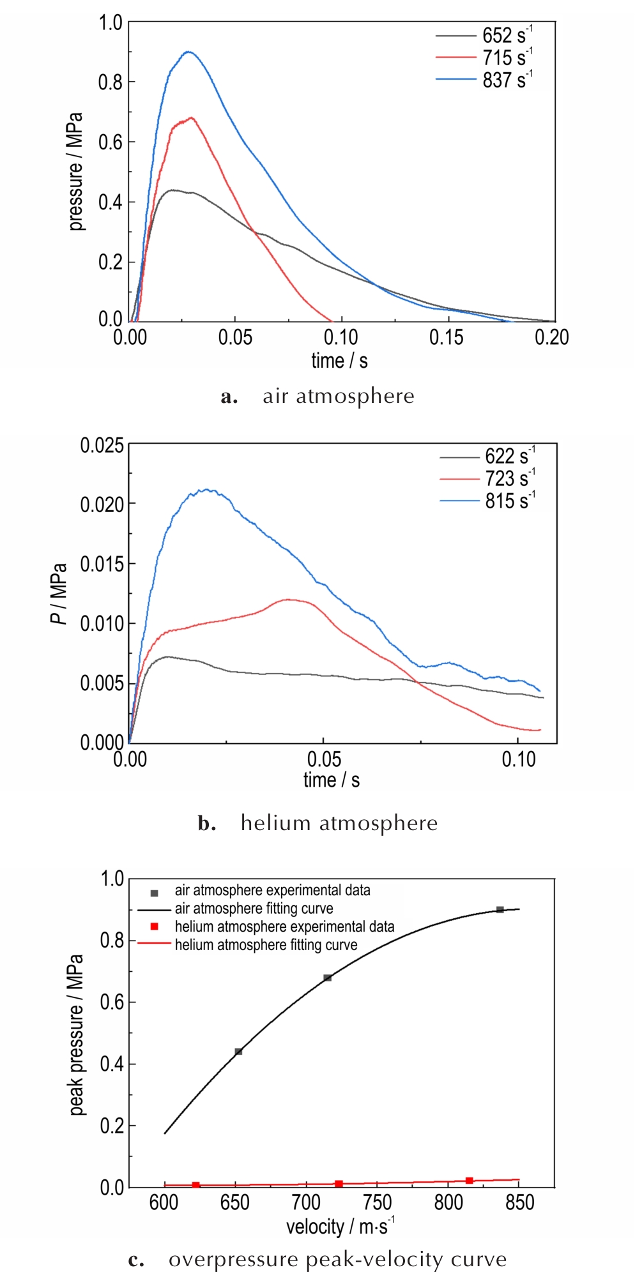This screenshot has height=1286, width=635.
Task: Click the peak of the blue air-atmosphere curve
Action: click(188, 52)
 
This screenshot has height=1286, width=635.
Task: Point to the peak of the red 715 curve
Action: click(191, 117)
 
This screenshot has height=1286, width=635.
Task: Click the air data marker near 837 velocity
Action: click(500, 909)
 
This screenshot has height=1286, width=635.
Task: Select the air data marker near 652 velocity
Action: click(238, 1052)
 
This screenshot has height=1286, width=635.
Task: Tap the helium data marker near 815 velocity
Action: click(470, 1181)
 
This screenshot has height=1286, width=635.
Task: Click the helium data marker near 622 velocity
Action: click(195, 1185)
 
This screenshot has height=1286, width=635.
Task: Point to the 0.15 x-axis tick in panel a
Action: click(447, 337)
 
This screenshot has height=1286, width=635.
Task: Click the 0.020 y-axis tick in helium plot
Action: click(102, 504)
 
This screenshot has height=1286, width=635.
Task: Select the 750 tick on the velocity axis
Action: click(378, 1202)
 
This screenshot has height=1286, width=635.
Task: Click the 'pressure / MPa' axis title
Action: click(75, 171)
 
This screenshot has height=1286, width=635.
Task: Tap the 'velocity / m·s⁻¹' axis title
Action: click(340, 1226)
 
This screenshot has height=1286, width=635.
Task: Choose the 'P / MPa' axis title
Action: click(58, 594)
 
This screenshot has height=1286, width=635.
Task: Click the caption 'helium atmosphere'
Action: click(339, 823)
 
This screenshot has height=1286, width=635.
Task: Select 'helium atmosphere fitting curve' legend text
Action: click(266, 944)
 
